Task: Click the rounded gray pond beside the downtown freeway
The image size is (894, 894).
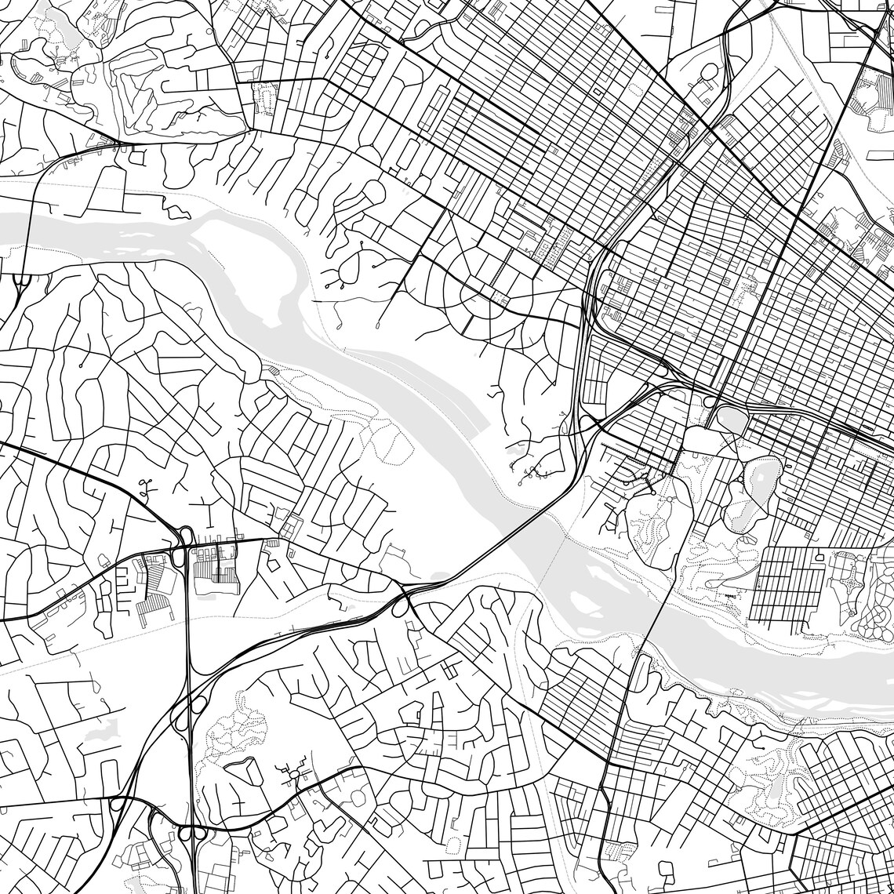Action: click(x=732, y=420)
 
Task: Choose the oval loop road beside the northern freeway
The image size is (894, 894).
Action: click(x=710, y=74)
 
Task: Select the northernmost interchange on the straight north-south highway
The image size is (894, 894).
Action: click(x=185, y=537)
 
